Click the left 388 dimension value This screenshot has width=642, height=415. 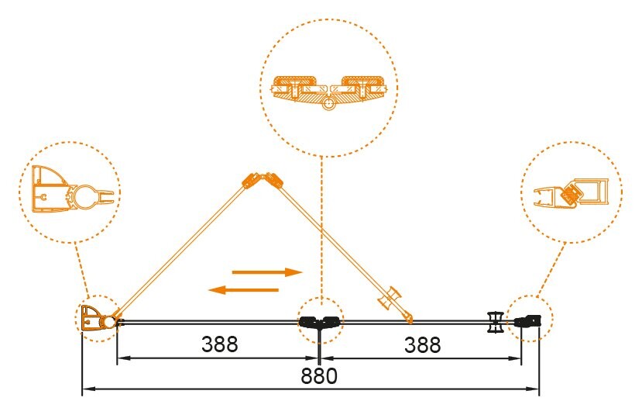(x=219, y=344)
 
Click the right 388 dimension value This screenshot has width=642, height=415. (x=422, y=344)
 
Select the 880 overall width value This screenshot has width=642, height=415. (x=319, y=377)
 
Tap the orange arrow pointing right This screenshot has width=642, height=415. (x=266, y=272)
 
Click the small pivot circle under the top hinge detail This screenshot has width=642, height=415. (x=329, y=104)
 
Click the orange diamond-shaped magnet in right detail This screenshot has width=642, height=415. (x=574, y=192)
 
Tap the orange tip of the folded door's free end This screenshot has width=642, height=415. (x=408, y=317)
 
